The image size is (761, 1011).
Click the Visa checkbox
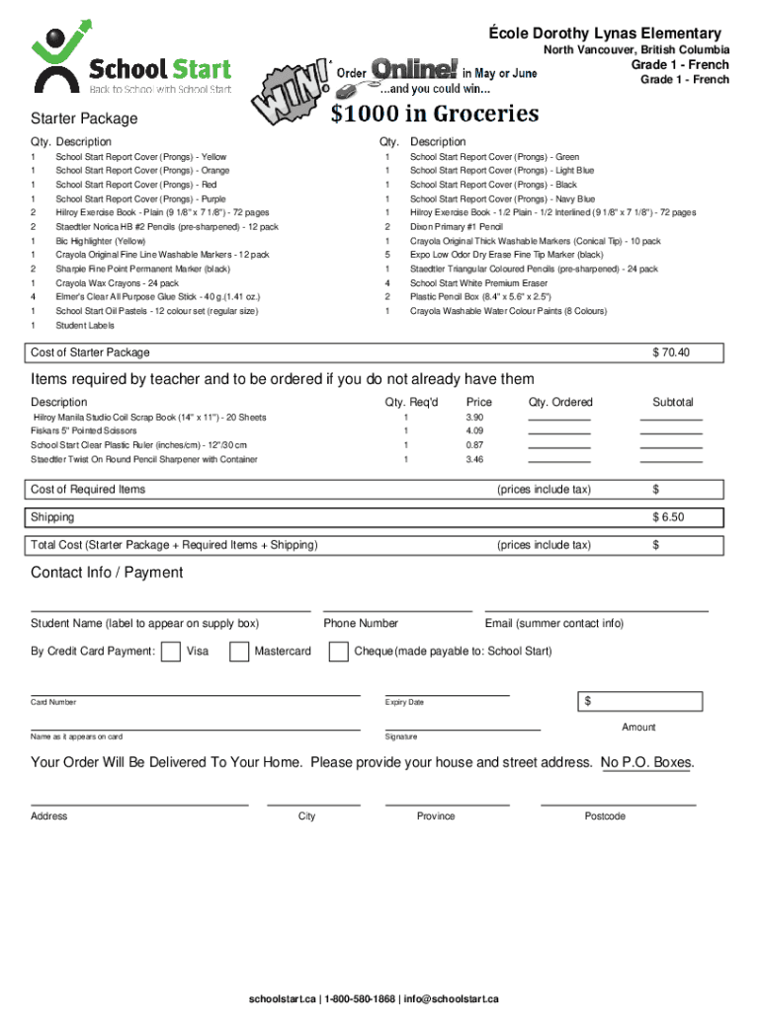[x=170, y=652]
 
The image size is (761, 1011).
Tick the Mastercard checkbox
[x=239, y=652]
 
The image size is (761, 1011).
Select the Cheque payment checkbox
[x=338, y=652]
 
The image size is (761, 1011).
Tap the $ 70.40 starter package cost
[x=670, y=353]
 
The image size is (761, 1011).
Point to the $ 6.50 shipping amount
[x=667, y=517]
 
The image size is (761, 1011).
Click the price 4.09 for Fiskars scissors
[x=474, y=431]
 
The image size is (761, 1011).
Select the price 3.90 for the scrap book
[x=474, y=418]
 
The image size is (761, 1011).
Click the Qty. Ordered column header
[x=560, y=403]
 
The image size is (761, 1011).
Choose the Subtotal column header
[x=672, y=403]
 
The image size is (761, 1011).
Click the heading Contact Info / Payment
[x=107, y=573]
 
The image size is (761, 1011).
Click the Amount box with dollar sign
[x=640, y=702]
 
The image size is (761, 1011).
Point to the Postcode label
[x=605, y=817]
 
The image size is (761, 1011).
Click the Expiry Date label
[x=404, y=703]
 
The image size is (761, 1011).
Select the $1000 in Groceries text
[x=434, y=115]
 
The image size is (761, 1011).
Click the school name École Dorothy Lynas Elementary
[x=605, y=34]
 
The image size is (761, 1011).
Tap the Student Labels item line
[x=85, y=326]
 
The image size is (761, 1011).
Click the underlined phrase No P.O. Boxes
[x=646, y=763]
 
